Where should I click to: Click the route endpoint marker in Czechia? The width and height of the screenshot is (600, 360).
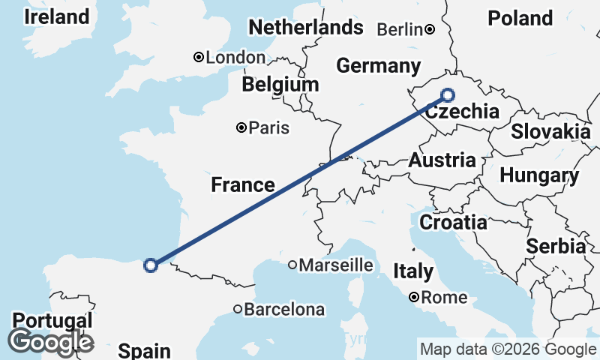(448, 94)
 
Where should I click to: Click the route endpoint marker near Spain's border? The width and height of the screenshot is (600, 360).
(151, 265)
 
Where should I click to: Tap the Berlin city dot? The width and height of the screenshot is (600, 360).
(430, 30)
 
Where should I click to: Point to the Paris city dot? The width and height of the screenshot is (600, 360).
(241, 128)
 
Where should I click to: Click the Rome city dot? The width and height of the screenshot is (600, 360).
(414, 298)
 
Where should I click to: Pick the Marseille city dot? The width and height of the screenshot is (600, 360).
(293, 265)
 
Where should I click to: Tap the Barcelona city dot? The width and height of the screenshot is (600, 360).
(238, 309)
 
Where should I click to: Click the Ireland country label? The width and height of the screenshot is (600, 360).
(56, 16)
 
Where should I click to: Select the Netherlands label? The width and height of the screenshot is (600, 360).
(305, 28)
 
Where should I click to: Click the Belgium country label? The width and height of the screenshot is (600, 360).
(280, 84)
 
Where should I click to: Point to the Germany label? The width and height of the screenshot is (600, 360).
(378, 65)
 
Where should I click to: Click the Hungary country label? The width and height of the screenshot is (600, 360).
(539, 176)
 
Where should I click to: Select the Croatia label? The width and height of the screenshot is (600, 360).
(453, 222)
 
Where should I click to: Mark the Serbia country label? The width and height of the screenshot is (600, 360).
(556, 246)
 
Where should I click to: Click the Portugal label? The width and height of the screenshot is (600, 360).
(52, 320)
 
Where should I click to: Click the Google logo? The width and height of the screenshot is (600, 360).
(50, 342)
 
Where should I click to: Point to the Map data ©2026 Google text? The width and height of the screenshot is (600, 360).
(508, 349)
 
